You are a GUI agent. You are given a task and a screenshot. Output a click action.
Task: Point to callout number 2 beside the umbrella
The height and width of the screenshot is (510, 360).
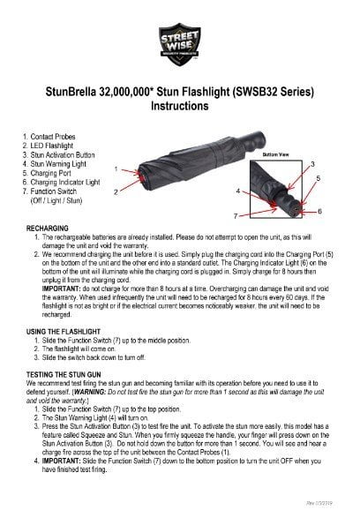tap(117, 190)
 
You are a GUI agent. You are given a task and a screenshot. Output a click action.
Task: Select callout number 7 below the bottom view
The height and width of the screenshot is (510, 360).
tap(235, 215)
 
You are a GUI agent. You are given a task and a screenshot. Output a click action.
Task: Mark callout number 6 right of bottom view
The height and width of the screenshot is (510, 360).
tap(319, 212)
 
